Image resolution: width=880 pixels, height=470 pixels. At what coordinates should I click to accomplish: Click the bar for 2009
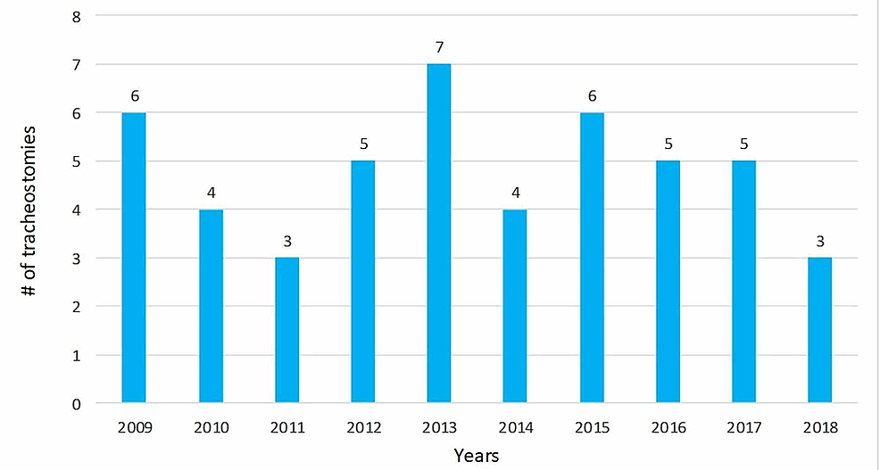point(134,258)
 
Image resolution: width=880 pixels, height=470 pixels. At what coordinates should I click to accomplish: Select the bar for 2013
point(439,234)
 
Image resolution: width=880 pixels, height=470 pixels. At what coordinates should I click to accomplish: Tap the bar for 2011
point(286,330)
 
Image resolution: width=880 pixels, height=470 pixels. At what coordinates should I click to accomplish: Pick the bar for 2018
point(819,330)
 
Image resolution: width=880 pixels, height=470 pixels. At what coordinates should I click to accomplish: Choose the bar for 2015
point(592,258)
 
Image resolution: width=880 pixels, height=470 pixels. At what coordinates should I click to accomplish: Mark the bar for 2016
point(668,282)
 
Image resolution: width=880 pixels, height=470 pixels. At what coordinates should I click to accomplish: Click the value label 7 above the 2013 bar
point(439,45)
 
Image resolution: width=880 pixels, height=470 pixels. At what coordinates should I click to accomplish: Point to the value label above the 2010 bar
point(211,191)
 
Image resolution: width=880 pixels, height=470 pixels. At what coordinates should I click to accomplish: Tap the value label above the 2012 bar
point(363,143)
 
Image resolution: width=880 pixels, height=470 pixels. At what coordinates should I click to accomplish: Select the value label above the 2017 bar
point(743,143)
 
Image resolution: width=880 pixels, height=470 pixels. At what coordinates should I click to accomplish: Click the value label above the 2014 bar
point(515,191)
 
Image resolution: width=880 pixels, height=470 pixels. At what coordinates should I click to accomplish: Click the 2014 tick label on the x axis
point(515,428)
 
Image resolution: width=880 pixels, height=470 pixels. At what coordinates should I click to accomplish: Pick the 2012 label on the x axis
point(363,428)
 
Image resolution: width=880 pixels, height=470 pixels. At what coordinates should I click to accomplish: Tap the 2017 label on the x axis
point(743,428)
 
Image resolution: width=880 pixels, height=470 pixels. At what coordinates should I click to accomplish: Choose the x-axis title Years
point(476,456)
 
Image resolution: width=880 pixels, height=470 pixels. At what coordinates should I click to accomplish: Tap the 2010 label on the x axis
point(211,428)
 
